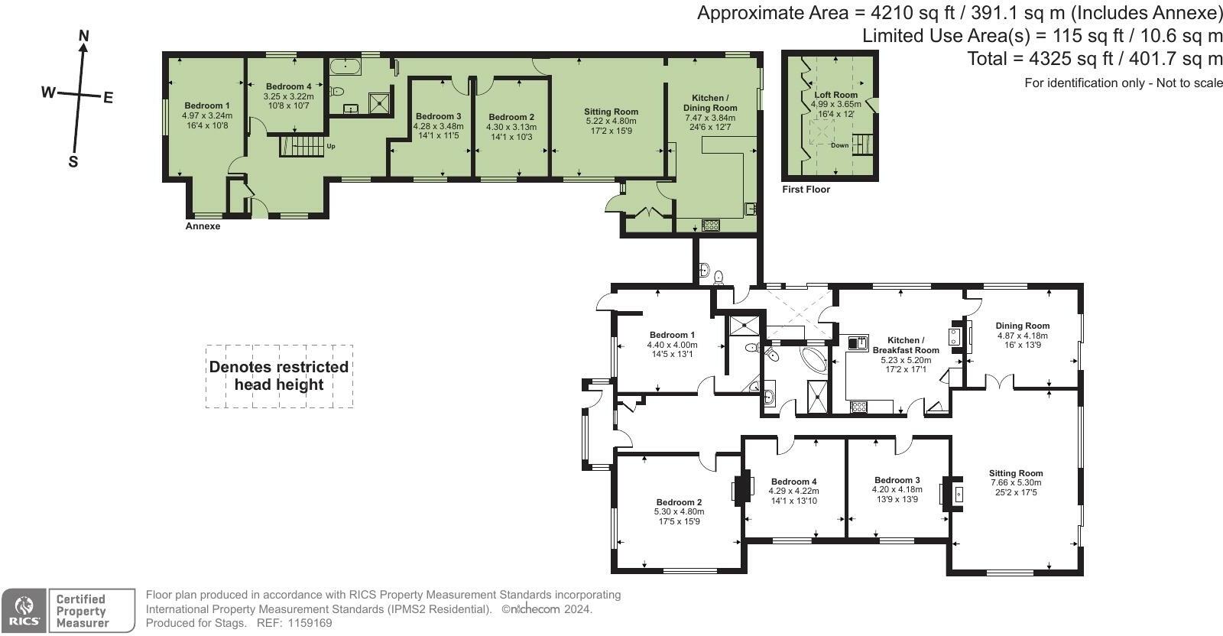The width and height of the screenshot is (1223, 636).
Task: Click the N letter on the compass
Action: (83, 36)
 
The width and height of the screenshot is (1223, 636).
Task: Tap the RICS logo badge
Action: (24, 611)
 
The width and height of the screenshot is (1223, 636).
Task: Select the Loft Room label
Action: (836, 95)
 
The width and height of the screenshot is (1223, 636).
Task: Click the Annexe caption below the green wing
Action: (203, 226)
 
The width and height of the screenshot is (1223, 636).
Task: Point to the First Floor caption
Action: (806, 190)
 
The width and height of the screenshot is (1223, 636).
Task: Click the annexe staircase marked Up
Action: (302, 146)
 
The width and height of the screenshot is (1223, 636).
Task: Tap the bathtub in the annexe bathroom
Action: (345, 67)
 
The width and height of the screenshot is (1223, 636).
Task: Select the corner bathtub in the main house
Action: (814, 359)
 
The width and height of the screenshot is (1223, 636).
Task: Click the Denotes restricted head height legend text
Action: (279, 375)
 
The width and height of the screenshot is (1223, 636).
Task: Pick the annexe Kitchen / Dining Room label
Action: (710, 102)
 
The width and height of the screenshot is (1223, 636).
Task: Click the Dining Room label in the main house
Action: (1023, 326)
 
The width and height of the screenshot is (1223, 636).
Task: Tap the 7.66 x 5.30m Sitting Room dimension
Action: (1016, 482)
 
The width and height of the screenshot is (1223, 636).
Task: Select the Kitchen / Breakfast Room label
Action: (906, 345)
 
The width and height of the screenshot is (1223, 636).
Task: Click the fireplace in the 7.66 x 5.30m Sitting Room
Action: (952, 495)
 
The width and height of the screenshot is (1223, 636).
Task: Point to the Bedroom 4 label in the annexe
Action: (289, 86)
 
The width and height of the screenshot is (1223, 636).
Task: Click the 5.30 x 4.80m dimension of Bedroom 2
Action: (680, 511)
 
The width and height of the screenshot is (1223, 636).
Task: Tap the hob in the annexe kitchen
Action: (710, 225)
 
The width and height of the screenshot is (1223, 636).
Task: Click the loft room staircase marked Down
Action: (863, 144)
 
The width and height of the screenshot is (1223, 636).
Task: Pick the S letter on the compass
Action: (73, 161)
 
